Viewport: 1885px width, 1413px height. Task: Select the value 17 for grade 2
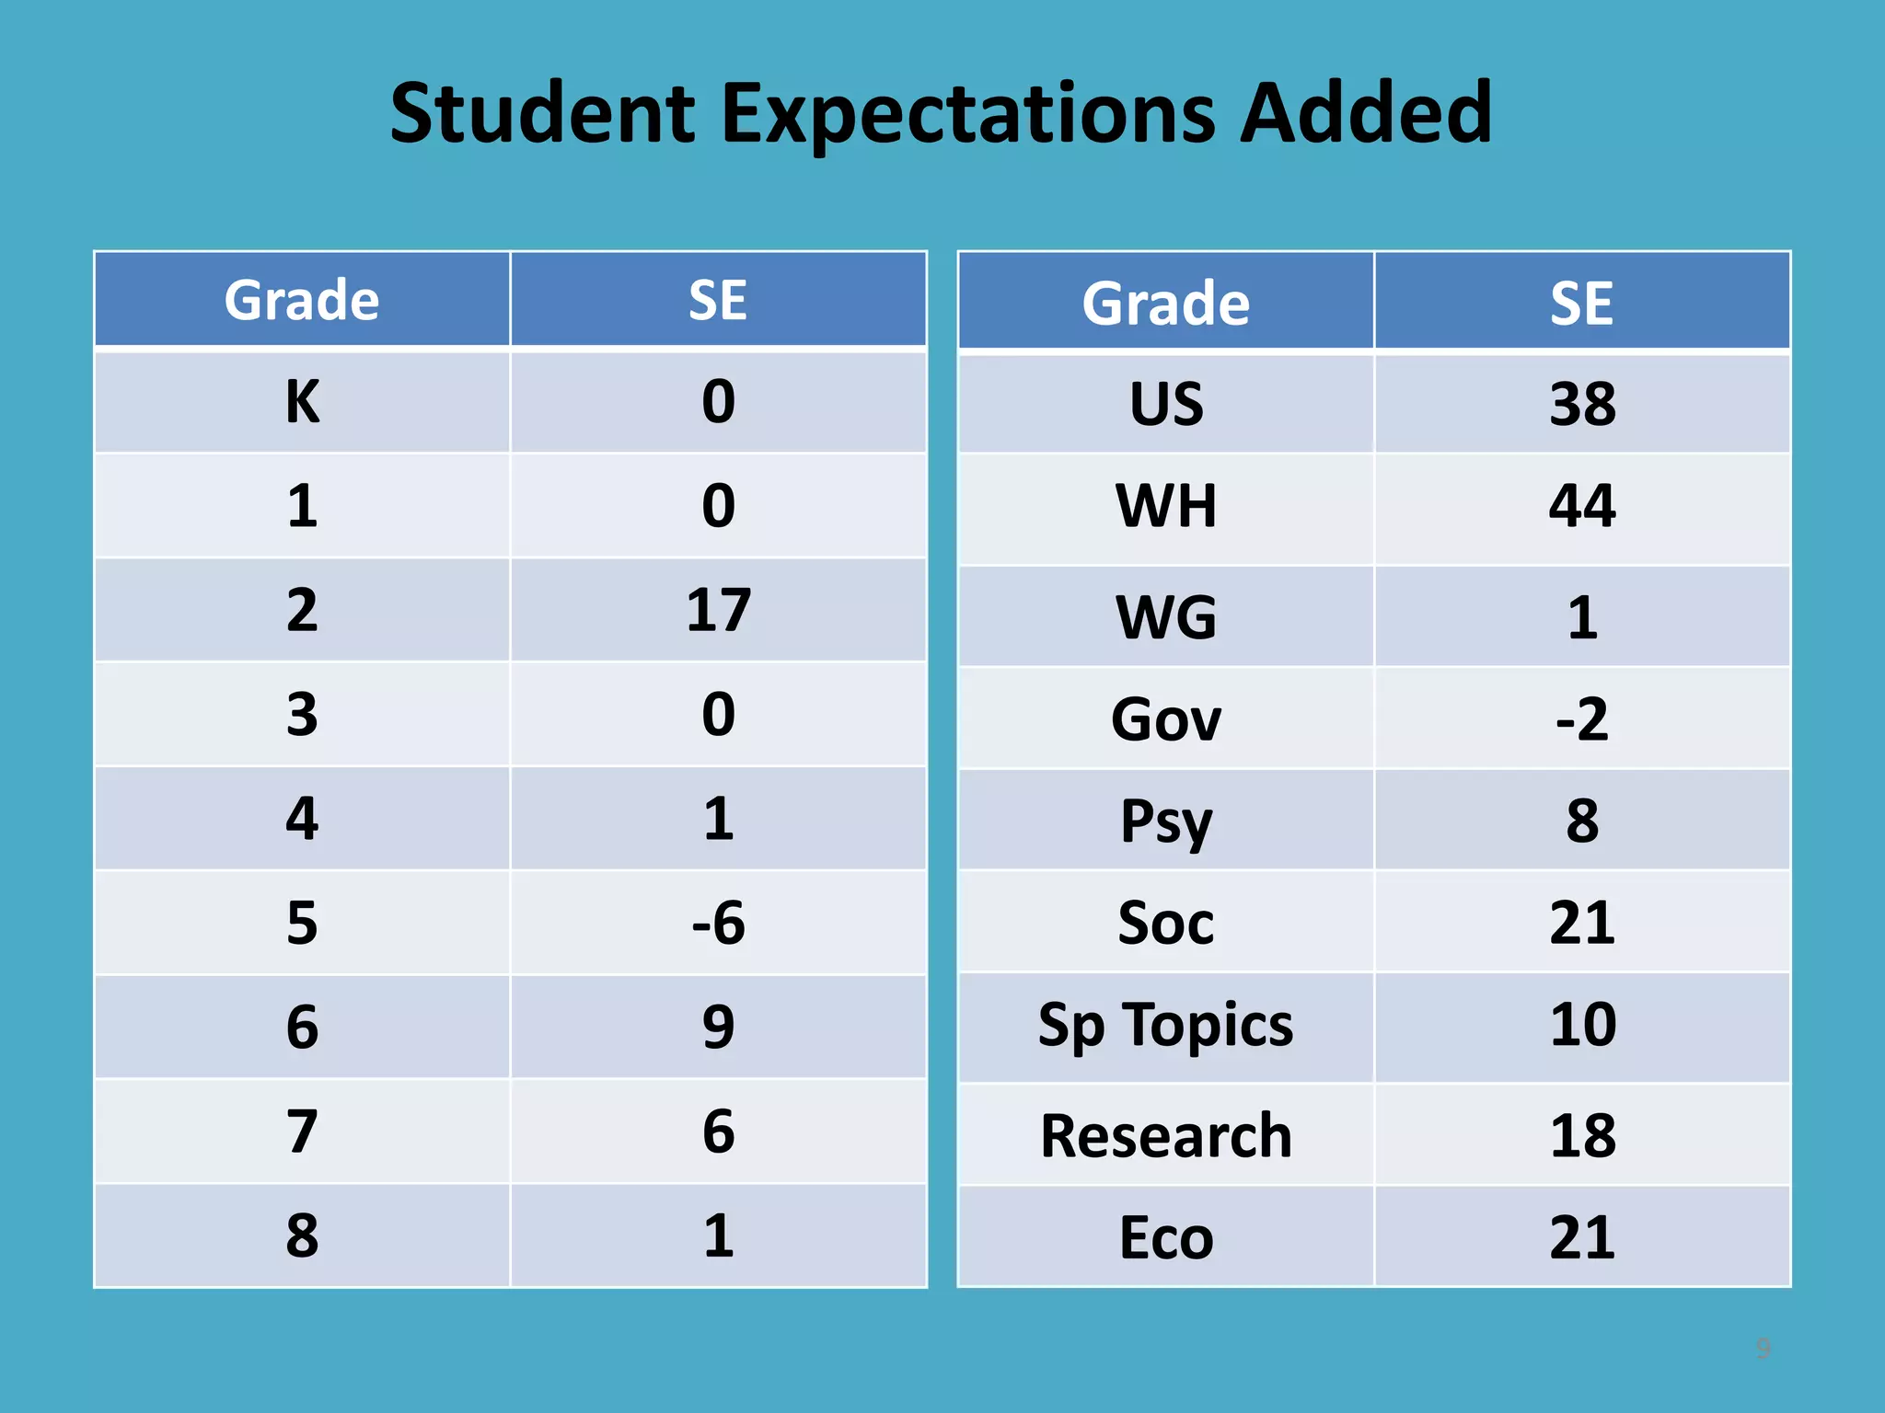(x=718, y=610)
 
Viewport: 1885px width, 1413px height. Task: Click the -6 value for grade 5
(x=718, y=923)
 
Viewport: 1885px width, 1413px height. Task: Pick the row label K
(x=302, y=402)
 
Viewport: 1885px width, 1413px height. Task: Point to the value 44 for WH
(x=1581, y=506)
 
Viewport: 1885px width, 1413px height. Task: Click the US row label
(x=1166, y=404)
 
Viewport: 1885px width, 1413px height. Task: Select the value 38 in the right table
(x=1581, y=404)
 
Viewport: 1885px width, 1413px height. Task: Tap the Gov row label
(x=1166, y=719)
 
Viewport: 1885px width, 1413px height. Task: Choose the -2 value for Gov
(x=1581, y=719)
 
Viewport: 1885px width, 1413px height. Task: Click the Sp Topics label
(x=1166, y=1025)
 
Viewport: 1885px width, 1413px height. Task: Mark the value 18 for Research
(x=1581, y=1136)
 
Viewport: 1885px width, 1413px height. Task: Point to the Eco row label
(x=1166, y=1238)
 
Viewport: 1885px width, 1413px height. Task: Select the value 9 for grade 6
(x=718, y=1028)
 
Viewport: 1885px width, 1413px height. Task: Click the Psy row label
(x=1166, y=821)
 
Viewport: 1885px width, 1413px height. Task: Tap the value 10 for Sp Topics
(x=1581, y=1025)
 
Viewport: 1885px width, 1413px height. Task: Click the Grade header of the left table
(x=302, y=300)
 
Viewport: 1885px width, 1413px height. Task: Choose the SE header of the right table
(x=1581, y=304)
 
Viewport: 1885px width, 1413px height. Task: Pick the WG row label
(x=1166, y=617)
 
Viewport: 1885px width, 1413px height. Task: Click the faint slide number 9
(x=1763, y=1349)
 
